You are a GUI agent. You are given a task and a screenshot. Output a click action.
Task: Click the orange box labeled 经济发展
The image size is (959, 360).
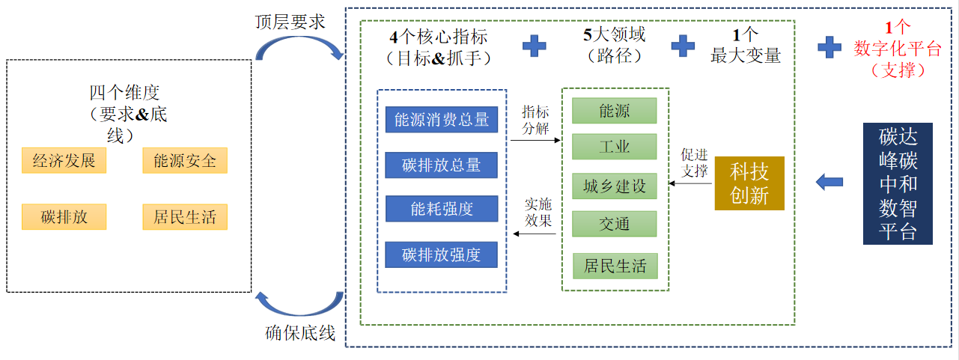point(64,161)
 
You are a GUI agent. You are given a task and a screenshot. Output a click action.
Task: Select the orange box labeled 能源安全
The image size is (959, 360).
point(185,161)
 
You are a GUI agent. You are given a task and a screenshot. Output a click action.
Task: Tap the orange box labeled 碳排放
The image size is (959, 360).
point(64,217)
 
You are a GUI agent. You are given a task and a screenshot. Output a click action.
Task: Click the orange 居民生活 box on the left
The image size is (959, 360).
point(185,217)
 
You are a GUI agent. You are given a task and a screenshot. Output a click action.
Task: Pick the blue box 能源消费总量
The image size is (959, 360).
point(441,120)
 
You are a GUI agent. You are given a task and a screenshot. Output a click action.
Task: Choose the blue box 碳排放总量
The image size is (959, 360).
point(441,165)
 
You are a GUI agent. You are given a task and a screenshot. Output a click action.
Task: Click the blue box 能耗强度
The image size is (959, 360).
point(441,209)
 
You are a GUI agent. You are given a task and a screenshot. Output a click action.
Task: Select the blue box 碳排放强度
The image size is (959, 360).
point(441,254)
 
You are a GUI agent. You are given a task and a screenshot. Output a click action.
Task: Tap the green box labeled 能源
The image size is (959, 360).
point(614,111)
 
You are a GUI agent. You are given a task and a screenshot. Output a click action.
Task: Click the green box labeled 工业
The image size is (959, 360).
point(614,147)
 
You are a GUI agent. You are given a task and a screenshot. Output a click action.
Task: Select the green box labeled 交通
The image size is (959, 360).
point(614,224)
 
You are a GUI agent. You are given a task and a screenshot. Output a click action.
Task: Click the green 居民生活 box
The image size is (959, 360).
point(615,266)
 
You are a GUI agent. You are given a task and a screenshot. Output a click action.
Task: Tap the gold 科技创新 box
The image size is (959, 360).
point(749,183)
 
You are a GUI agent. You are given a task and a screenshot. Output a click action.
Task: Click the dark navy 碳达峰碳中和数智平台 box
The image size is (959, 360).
point(898,183)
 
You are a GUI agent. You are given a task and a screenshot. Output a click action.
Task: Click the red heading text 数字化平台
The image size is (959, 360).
point(898,49)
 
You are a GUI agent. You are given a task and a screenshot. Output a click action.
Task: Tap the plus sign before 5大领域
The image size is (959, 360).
point(534,46)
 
